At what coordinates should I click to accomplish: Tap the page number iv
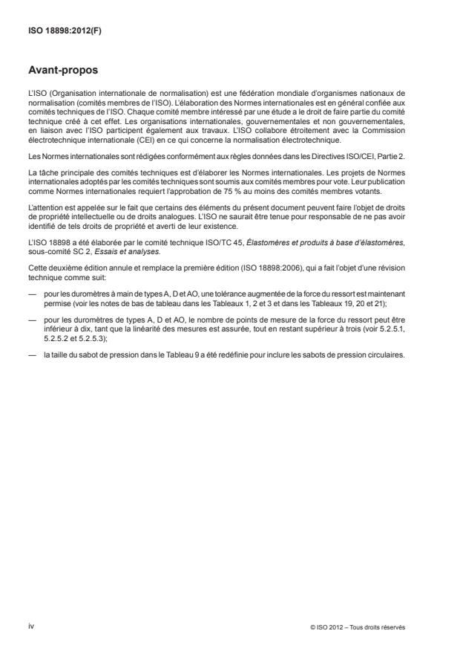pos(31,626)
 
